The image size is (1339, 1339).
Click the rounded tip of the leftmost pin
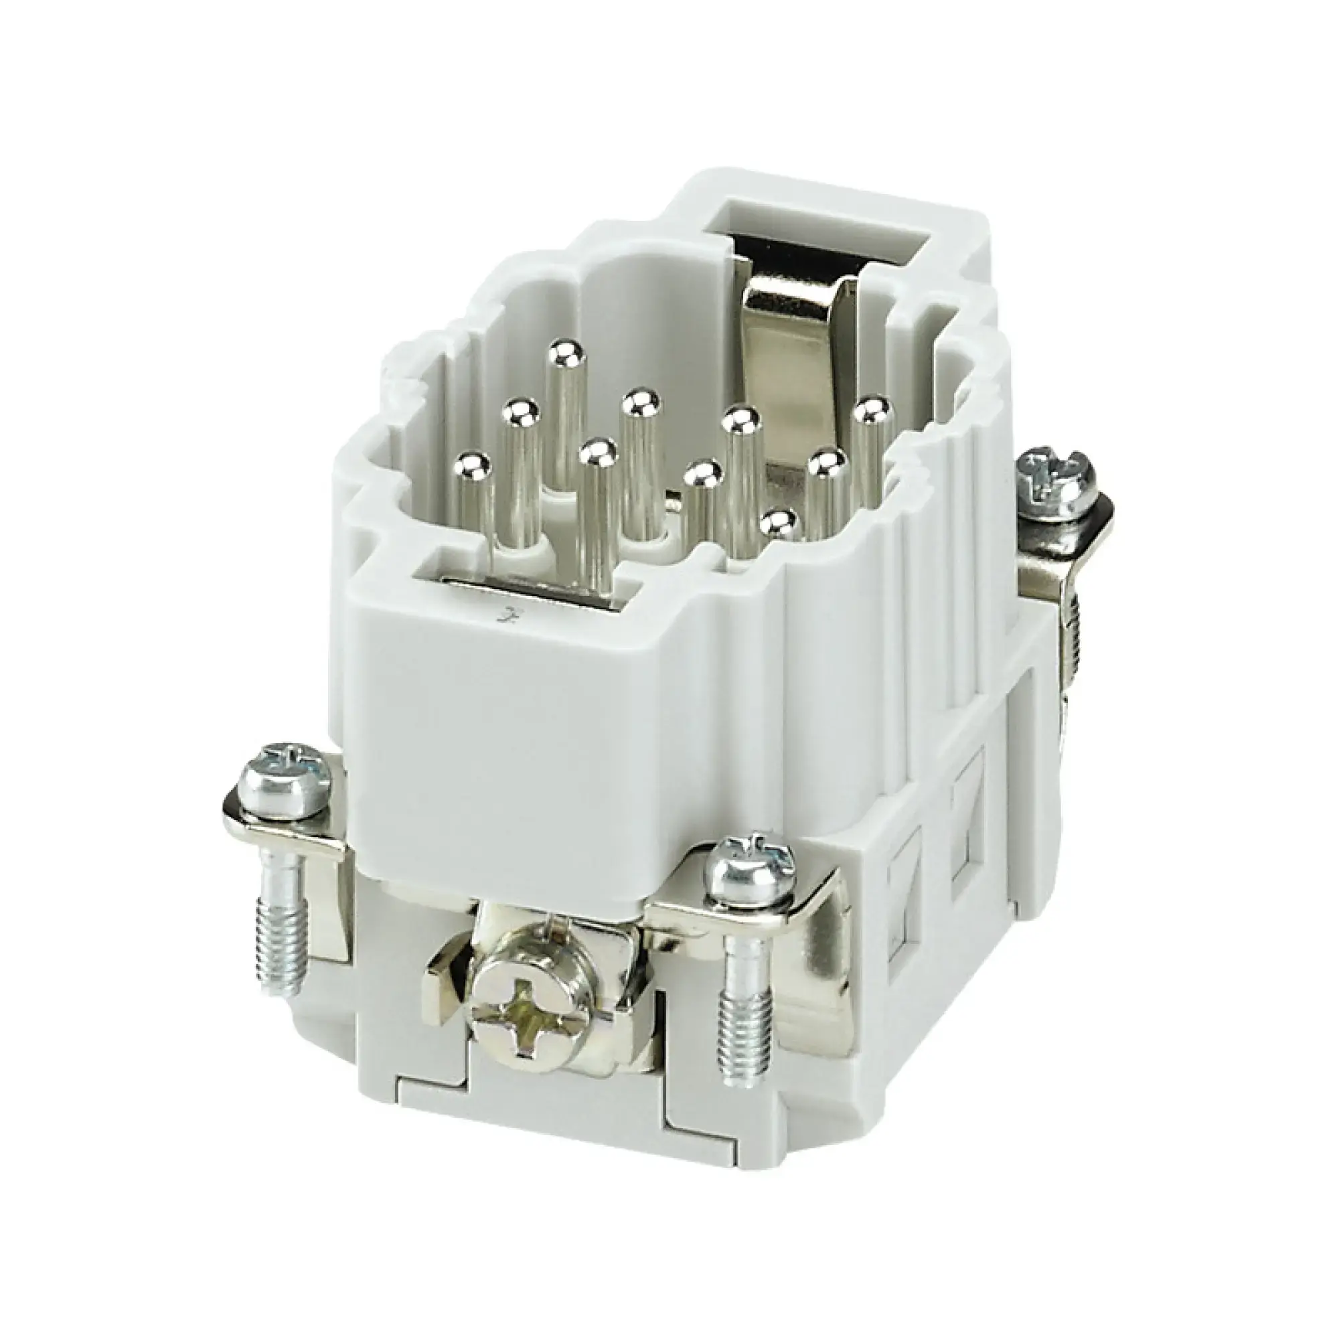point(473,462)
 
